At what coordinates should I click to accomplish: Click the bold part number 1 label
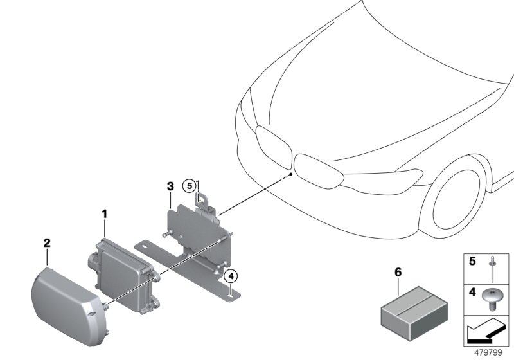point(105,212)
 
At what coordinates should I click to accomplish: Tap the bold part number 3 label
point(169,186)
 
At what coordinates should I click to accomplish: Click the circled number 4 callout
point(231,276)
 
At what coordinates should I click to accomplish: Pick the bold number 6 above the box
point(397,273)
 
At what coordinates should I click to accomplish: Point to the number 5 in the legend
point(472,262)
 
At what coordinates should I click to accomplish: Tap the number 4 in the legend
point(472,292)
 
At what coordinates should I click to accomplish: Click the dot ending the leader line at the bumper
point(291,174)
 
